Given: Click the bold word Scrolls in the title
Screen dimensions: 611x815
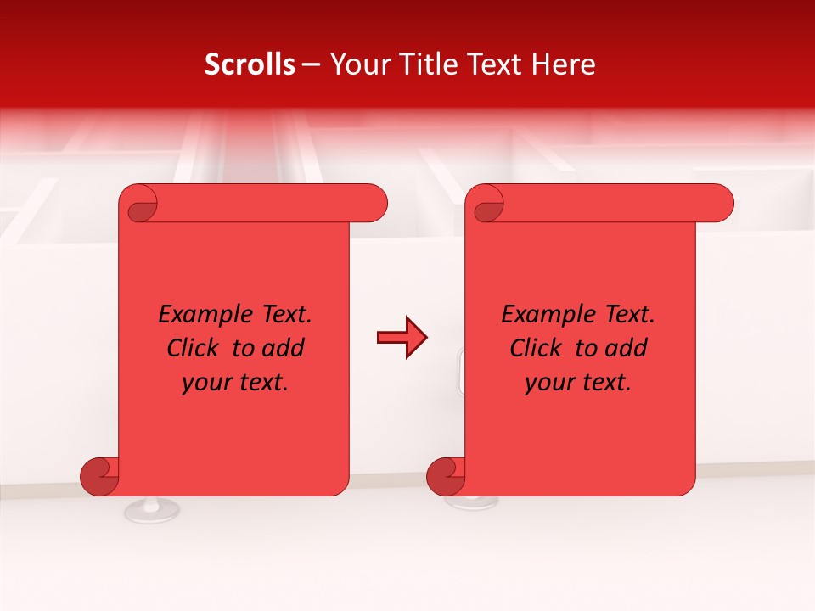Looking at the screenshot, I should click(250, 64).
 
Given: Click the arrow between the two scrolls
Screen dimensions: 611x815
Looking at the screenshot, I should click(402, 338).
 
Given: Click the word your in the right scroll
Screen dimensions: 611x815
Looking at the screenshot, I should click(548, 383).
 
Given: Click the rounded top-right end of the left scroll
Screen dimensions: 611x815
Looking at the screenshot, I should click(374, 204).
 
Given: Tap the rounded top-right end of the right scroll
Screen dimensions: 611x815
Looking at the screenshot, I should click(720, 204).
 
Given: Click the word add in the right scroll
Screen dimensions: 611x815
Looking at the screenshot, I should click(627, 348).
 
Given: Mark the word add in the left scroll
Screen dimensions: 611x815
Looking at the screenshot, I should click(284, 348).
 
